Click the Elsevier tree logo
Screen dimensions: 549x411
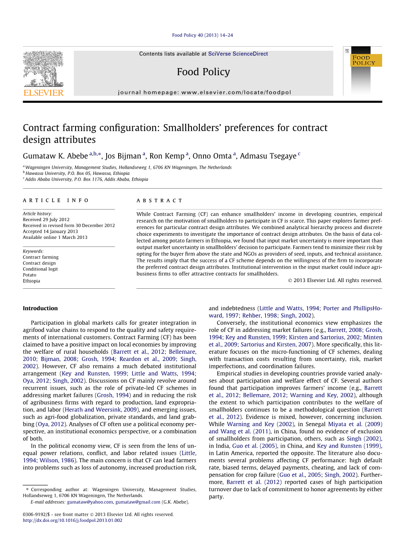point(43,69)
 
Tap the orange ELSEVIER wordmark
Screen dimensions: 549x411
point(43,93)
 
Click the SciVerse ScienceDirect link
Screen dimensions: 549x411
point(238,54)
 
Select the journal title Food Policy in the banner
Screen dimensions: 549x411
point(203,72)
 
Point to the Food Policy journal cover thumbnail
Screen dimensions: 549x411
point(363,71)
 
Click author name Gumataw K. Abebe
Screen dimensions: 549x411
point(55,156)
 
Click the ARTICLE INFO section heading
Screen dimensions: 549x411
point(56,201)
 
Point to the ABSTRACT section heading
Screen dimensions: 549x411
point(160,201)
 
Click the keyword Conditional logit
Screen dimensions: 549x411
point(40,269)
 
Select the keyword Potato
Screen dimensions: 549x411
point(30,275)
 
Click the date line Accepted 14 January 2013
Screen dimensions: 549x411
point(50,231)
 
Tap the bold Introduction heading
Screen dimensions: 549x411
point(40,308)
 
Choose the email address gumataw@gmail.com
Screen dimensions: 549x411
point(138,502)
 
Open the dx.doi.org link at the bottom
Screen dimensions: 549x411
point(72,520)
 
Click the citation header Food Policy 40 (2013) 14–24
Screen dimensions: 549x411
point(202,36)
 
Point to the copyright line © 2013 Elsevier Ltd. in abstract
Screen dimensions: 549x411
point(335,280)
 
